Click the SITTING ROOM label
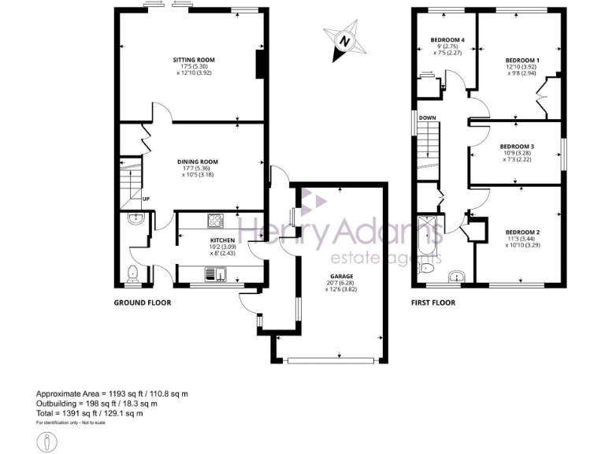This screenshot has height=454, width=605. point(194,60)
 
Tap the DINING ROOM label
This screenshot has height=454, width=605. point(197,162)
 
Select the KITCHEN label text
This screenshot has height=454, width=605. point(223,240)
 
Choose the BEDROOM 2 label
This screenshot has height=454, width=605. point(522,232)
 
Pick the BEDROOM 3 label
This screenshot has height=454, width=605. point(517,147)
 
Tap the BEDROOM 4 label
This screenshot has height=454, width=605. point(447,40)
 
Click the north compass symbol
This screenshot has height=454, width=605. point(343,42)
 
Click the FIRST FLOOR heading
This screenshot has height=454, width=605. point(433,303)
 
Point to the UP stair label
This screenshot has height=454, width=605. point(147,199)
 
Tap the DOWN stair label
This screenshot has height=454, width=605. point(428,118)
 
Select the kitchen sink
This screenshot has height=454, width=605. point(215,274)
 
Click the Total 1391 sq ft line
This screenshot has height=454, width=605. point(89,413)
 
